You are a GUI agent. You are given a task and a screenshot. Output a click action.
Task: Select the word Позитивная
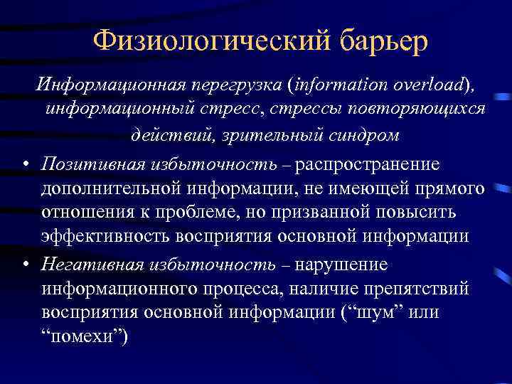tap(93, 164)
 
